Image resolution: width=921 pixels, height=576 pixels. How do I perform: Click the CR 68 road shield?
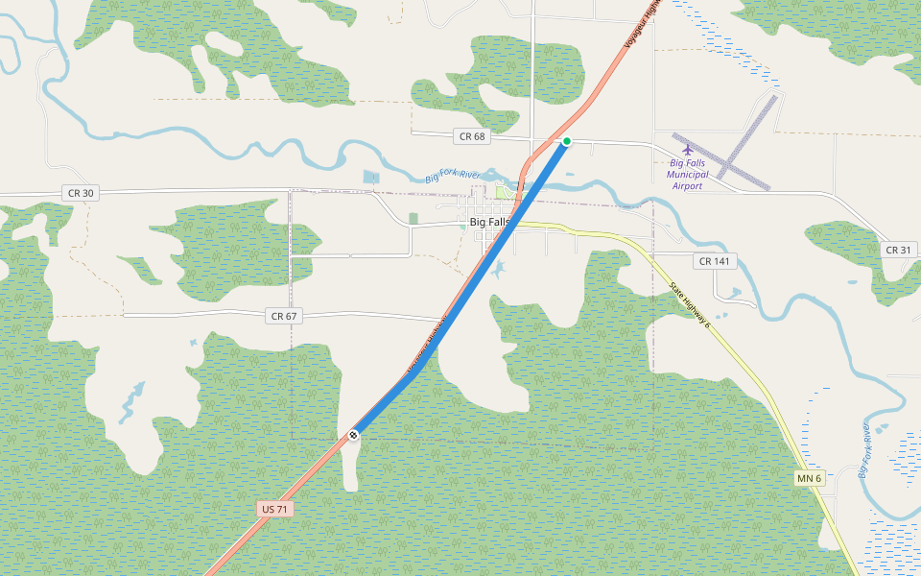472,136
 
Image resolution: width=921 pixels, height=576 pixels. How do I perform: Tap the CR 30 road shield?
82,193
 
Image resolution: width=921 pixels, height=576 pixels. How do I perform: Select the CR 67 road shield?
283,316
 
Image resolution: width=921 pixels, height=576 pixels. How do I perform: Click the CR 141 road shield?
715,261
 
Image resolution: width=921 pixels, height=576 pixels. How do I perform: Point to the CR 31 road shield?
899,250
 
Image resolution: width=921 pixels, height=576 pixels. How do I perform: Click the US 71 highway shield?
275,508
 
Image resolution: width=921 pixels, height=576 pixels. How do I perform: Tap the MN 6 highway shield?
810,478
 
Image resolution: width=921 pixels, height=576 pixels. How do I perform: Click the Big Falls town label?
490,222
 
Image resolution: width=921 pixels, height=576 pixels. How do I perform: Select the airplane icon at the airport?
687,149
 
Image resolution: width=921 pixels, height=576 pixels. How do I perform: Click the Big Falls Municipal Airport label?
687,175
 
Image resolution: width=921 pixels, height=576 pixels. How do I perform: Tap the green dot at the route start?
567,141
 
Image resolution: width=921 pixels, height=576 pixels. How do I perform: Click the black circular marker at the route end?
353,435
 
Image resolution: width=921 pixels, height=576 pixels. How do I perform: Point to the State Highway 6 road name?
690,304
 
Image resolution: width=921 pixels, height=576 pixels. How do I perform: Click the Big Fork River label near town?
452,176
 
